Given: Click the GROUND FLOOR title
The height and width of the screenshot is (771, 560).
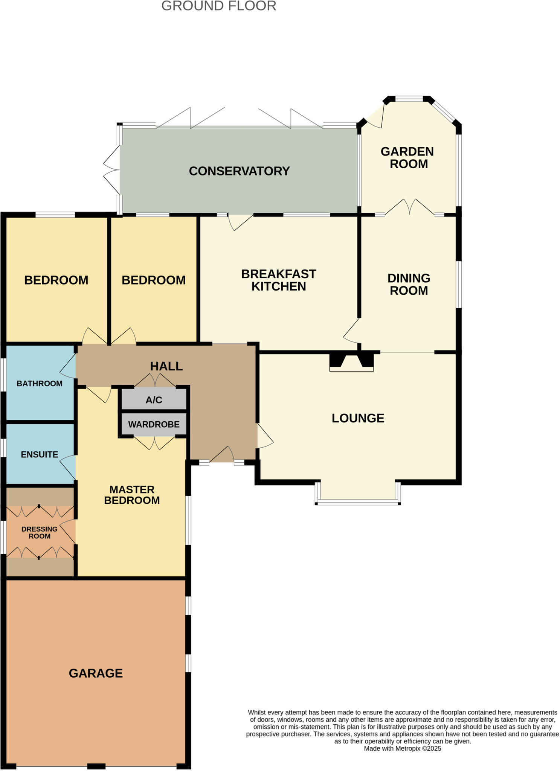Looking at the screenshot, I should tap(218, 6).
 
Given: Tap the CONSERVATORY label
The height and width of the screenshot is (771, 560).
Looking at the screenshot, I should tap(239, 171).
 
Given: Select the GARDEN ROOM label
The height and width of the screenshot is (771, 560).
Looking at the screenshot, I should tap(408, 158).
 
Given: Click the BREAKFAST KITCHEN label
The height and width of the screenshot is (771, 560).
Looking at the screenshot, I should tap(279, 280).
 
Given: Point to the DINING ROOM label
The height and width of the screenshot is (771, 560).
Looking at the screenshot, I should tap(409, 284).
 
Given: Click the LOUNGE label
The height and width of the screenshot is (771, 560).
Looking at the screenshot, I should tap(358, 418).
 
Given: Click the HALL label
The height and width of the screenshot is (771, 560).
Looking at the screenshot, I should tap(166, 366).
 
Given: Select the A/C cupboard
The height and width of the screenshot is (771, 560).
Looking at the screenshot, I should tap(154, 400).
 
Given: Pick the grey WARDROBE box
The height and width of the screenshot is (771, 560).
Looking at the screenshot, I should tap(154, 424).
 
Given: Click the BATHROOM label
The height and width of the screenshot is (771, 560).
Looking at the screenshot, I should tap(40, 384).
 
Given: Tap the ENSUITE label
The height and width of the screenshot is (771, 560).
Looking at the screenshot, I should tap(40, 455).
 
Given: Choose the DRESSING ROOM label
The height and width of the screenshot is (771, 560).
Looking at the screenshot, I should tap(40, 533).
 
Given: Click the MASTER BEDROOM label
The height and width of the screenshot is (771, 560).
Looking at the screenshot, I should tap(132, 495).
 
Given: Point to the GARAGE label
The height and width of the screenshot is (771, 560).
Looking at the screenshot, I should tap(96, 673).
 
